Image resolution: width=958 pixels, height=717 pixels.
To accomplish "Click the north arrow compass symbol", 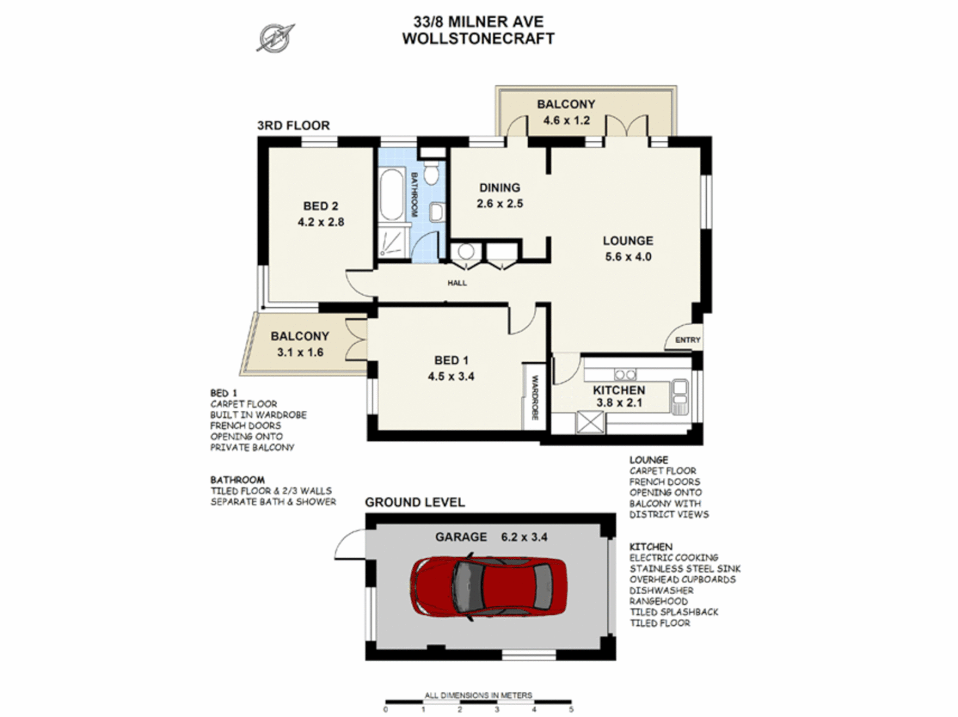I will (x=275, y=37).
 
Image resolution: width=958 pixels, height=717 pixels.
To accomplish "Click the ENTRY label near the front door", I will (x=687, y=340).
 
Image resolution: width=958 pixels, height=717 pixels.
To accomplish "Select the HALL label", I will (x=456, y=283).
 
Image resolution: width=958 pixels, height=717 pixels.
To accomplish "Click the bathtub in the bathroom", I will (x=391, y=194).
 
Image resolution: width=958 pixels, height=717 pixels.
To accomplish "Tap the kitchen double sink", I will (x=680, y=396).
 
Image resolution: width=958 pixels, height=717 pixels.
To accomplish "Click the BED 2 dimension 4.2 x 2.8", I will (x=320, y=222).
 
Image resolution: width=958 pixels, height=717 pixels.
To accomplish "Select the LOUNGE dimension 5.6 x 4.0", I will (x=628, y=257).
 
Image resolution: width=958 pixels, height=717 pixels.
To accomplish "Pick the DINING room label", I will (x=500, y=188).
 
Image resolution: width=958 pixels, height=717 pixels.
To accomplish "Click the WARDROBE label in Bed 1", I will (x=534, y=398).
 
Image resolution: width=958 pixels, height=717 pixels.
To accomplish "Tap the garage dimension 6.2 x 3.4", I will (x=524, y=537).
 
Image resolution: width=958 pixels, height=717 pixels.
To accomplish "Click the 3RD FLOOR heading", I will (x=293, y=125).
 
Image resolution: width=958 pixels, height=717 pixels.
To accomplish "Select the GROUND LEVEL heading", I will (x=415, y=503).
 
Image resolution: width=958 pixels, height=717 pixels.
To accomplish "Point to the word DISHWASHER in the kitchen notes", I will (x=661, y=590).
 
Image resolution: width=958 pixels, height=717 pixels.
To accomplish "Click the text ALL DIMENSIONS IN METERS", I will (x=478, y=695).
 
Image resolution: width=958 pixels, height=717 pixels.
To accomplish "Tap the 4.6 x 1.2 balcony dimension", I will (x=566, y=120).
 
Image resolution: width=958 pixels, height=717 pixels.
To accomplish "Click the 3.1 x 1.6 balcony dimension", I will (x=300, y=353).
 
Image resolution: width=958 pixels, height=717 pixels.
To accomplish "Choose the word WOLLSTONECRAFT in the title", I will (x=478, y=39).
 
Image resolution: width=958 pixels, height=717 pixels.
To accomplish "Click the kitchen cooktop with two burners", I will (x=625, y=375).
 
